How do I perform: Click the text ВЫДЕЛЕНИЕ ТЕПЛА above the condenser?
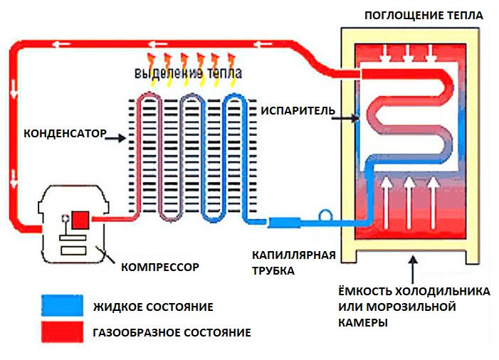(187, 73)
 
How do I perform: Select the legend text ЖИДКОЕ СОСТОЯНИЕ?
(153, 307)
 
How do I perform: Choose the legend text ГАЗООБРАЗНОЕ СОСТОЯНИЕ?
(172, 332)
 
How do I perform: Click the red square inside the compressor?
(80, 220)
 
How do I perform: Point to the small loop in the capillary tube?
(325, 214)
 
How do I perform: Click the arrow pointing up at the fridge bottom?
(411, 269)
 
